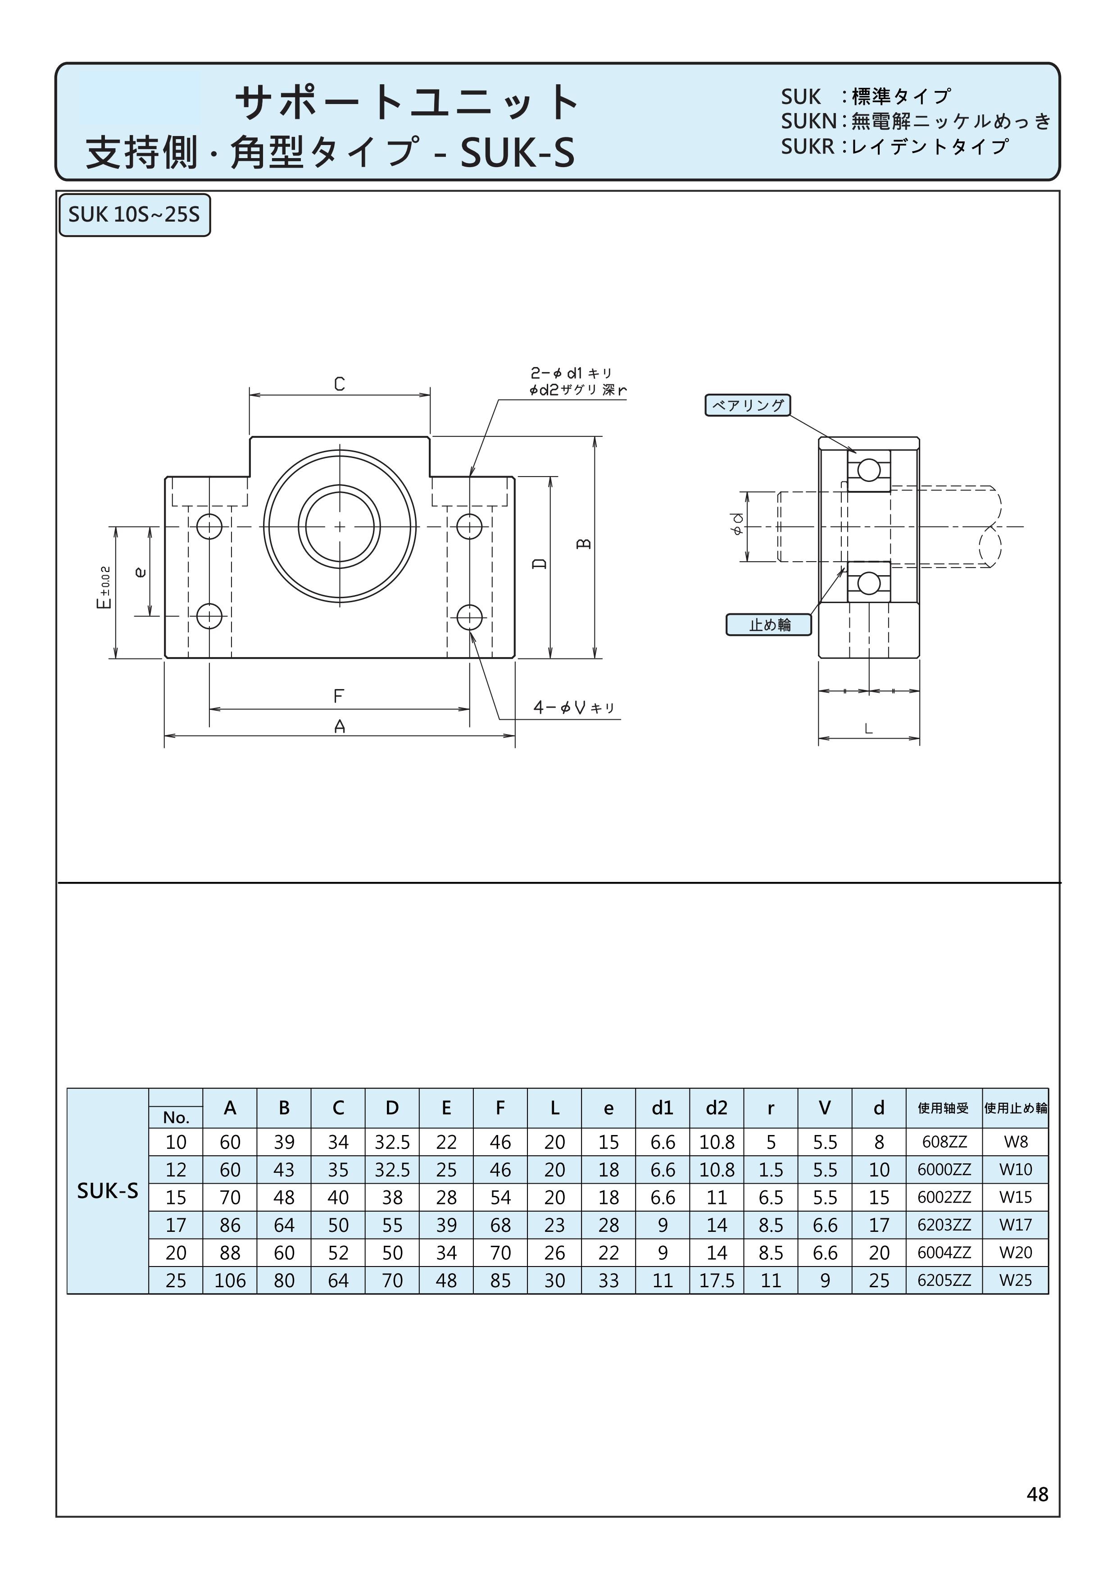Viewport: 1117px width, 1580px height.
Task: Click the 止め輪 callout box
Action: point(769,625)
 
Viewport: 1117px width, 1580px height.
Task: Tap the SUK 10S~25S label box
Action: point(134,215)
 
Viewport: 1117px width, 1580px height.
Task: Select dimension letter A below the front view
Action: point(339,726)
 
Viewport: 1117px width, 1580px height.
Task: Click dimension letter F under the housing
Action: point(339,696)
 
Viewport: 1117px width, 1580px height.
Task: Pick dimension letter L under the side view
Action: point(868,728)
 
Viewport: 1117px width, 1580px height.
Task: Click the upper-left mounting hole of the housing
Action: point(209,527)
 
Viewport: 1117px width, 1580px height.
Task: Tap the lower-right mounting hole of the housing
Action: point(469,617)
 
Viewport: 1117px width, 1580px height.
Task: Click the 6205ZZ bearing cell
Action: point(944,1280)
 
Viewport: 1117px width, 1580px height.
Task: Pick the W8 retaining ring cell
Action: point(1016,1142)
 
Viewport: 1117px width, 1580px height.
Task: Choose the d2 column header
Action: point(717,1108)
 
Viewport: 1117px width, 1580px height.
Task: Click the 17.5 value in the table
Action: point(717,1280)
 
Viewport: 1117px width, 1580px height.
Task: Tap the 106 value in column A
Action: point(230,1280)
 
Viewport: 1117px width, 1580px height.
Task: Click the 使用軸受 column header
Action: point(944,1108)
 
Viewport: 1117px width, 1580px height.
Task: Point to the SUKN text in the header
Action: point(808,121)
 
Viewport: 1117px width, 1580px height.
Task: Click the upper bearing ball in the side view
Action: point(868,471)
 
